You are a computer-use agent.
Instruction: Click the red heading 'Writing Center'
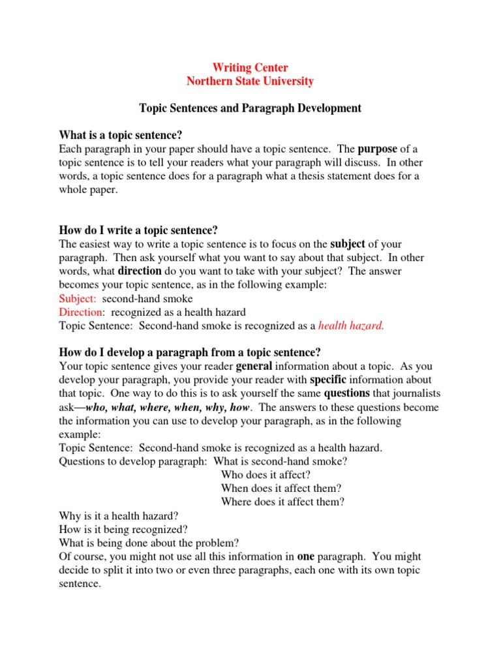(x=250, y=68)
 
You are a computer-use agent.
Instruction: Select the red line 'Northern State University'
(x=250, y=82)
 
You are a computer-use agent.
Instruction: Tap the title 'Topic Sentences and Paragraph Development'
(x=250, y=108)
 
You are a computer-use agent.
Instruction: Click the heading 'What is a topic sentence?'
(x=121, y=135)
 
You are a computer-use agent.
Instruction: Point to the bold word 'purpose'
(x=377, y=149)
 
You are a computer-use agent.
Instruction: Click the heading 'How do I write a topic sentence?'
(x=138, y=230)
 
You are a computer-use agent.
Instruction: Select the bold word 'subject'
(x=348, y=244)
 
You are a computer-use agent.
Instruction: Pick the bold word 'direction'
(x=140, y=271)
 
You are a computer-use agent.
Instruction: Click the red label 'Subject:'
(x=78, y=298)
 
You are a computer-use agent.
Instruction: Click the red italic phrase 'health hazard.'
(x=351, y=326)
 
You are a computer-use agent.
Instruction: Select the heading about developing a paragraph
(x=190, y=352)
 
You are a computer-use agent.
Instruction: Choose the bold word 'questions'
(x=347, y=393)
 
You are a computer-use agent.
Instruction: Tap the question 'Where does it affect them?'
(x=282, y=502)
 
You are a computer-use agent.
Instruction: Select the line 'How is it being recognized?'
(x=123, y=529)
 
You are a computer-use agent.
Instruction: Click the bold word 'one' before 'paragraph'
(x=306, y=556)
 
